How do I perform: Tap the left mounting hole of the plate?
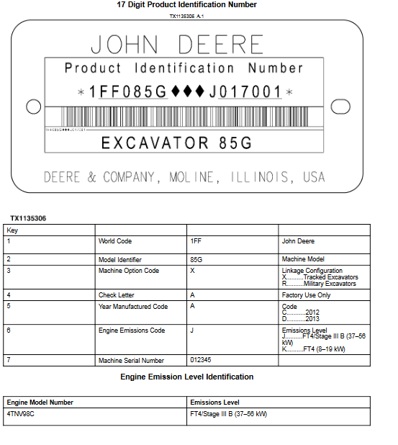[32, 107]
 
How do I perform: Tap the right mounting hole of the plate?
[338, 107]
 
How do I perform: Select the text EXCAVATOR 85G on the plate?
[176, 143]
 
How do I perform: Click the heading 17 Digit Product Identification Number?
[186, 5]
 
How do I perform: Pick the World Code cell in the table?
[115, 241]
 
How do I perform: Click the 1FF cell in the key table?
[196, 241]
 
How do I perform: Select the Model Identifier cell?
[120, 259]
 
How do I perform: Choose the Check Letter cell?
[117, 295]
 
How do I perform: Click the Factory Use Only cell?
[306, 295]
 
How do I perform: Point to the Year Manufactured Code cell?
[133, 307]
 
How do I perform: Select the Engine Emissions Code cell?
[132, 331]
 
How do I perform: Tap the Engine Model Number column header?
[40, 402]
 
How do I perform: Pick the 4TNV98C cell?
[21, 414]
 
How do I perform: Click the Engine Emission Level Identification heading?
[186, 377]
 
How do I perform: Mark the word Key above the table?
[12, 230]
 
